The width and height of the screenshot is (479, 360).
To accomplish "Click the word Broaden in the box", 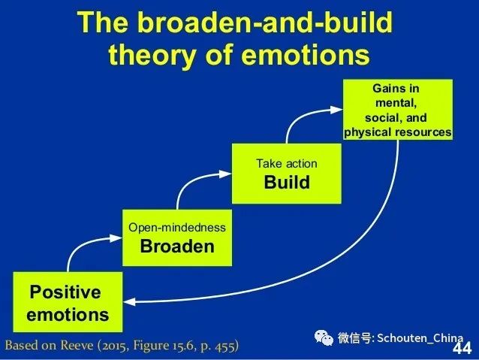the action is coord(177,247).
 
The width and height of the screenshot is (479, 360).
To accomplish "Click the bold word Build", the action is coord(287,182).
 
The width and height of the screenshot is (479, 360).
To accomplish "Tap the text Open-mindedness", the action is coord(177,228).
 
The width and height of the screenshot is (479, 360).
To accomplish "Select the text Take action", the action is coord(287,164).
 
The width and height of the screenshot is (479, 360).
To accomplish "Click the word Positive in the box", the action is coord(65,292).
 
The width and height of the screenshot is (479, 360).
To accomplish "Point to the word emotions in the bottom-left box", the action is coord(68,315).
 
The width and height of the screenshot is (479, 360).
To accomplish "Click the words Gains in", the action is coord(396,89).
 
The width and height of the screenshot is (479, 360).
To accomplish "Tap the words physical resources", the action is coord(398,132).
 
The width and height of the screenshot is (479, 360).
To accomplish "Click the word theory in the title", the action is coord(152,55).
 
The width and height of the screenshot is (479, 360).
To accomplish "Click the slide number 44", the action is coord(462,349).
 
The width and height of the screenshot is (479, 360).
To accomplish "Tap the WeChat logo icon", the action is coord(324,337).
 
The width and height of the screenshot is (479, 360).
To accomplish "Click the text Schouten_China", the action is coord(420,338).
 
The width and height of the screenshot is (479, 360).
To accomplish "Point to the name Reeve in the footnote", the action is coord(77,346).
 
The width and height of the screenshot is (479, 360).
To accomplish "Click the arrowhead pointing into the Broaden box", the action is coord(116,238).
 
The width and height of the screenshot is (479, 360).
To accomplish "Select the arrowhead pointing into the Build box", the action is coord(225,174).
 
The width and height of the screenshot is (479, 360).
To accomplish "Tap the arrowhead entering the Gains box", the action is coord(337,110).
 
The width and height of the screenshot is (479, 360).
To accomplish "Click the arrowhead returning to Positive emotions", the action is coord(129,302).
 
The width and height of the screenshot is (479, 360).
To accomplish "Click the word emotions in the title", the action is coord(306,55).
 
